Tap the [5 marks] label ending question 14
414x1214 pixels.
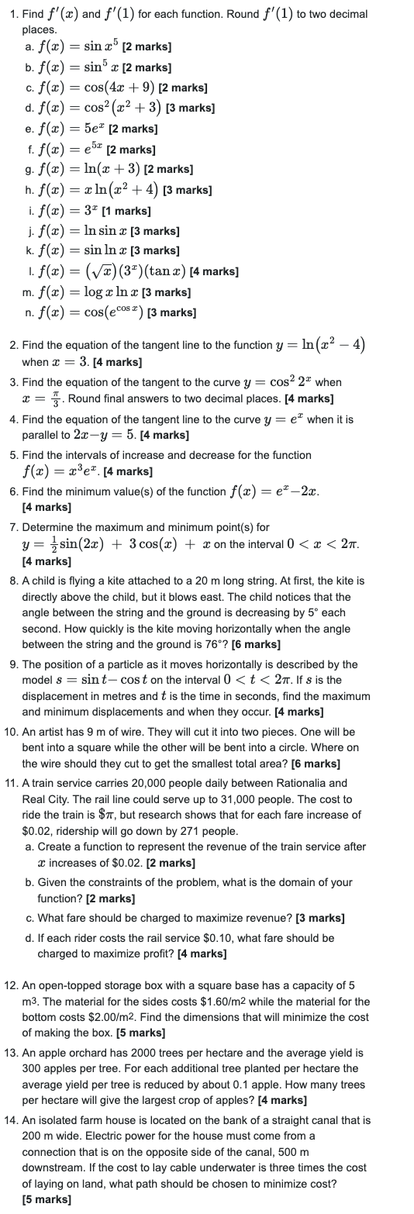(x=47, y=1198)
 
